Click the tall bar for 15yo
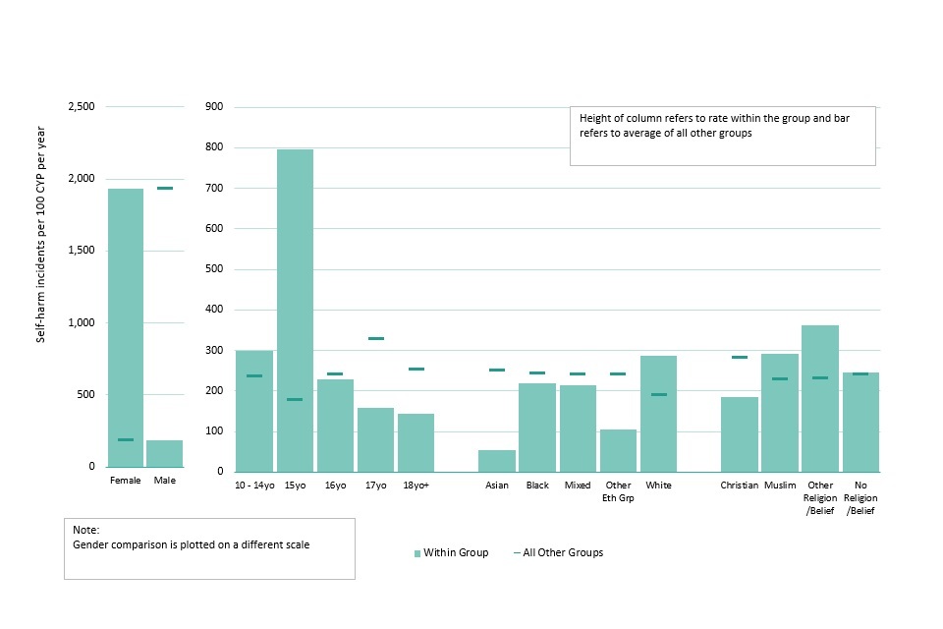(x=295, y=310)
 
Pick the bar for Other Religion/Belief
(x=820, y=398)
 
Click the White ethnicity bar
(x=658, y=414)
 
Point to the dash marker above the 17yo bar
(x=376, y=338)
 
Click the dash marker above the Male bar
(x=165, y=188)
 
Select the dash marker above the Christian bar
(x=739, y=357)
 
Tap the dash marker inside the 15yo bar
(x=295, y=399)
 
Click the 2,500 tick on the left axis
(x=80, y=106)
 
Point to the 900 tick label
(x=215, y=106)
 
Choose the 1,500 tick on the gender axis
(x=80, y=251)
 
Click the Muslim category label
(x=780, y=486)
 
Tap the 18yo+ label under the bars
(x=416, y=486)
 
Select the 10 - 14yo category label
(x=254, y=486)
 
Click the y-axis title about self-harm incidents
(x=41, y=234)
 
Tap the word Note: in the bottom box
(x=86, y=530)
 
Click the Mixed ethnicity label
(x=578, y=486)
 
